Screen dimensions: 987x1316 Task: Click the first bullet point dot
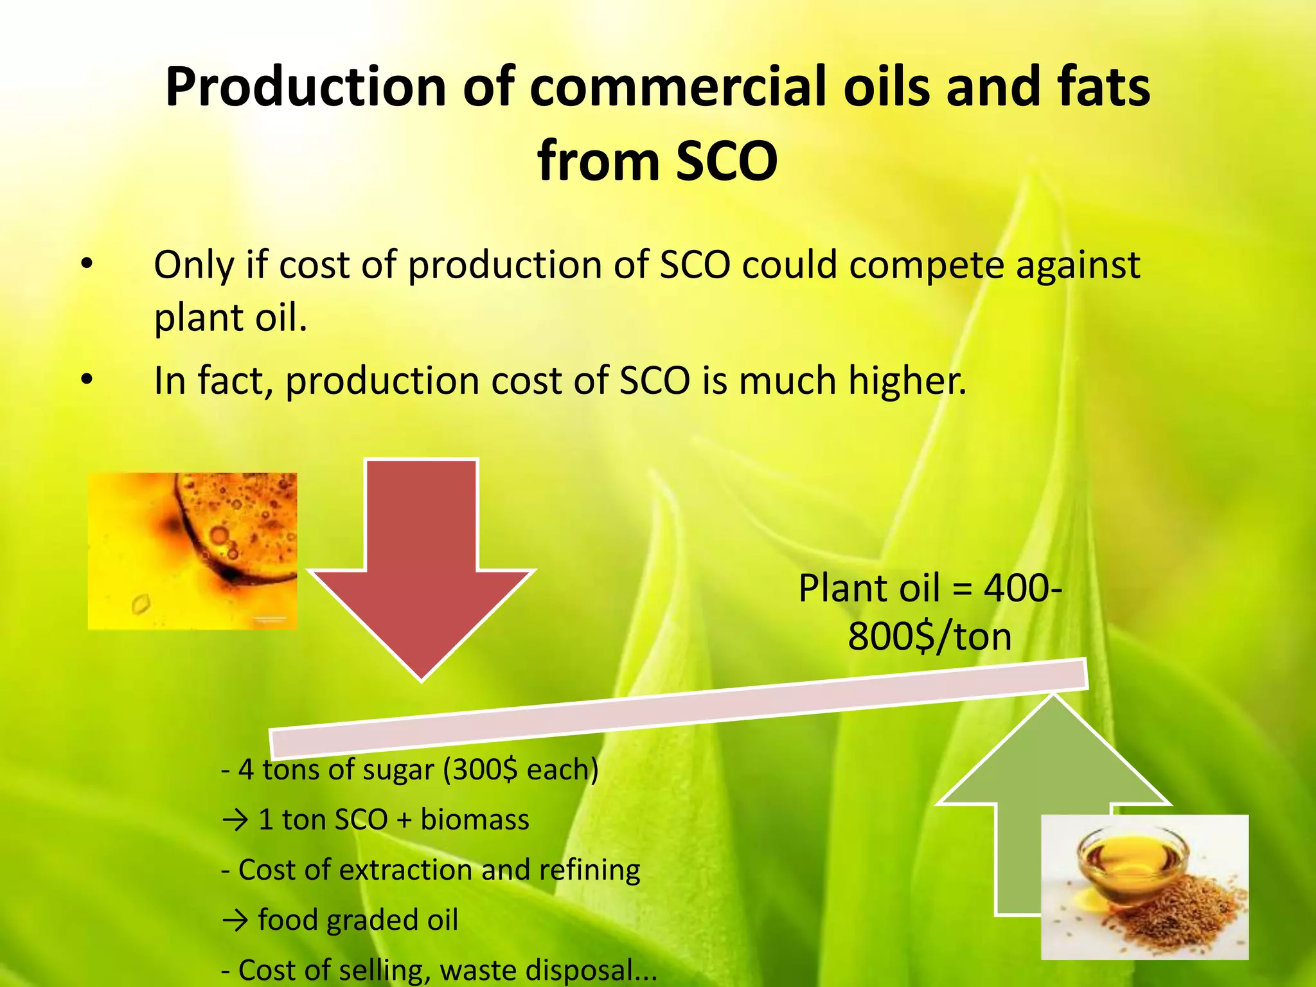(87, 263)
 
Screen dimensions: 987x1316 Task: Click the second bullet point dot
(87, 380)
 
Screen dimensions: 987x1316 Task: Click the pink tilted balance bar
(678, 707)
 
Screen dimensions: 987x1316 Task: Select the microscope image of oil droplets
(192, 551)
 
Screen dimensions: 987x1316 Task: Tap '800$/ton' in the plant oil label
(930, 637)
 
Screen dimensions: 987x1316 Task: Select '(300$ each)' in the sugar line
(520, 769)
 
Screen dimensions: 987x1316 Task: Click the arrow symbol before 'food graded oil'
(235, 921)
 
